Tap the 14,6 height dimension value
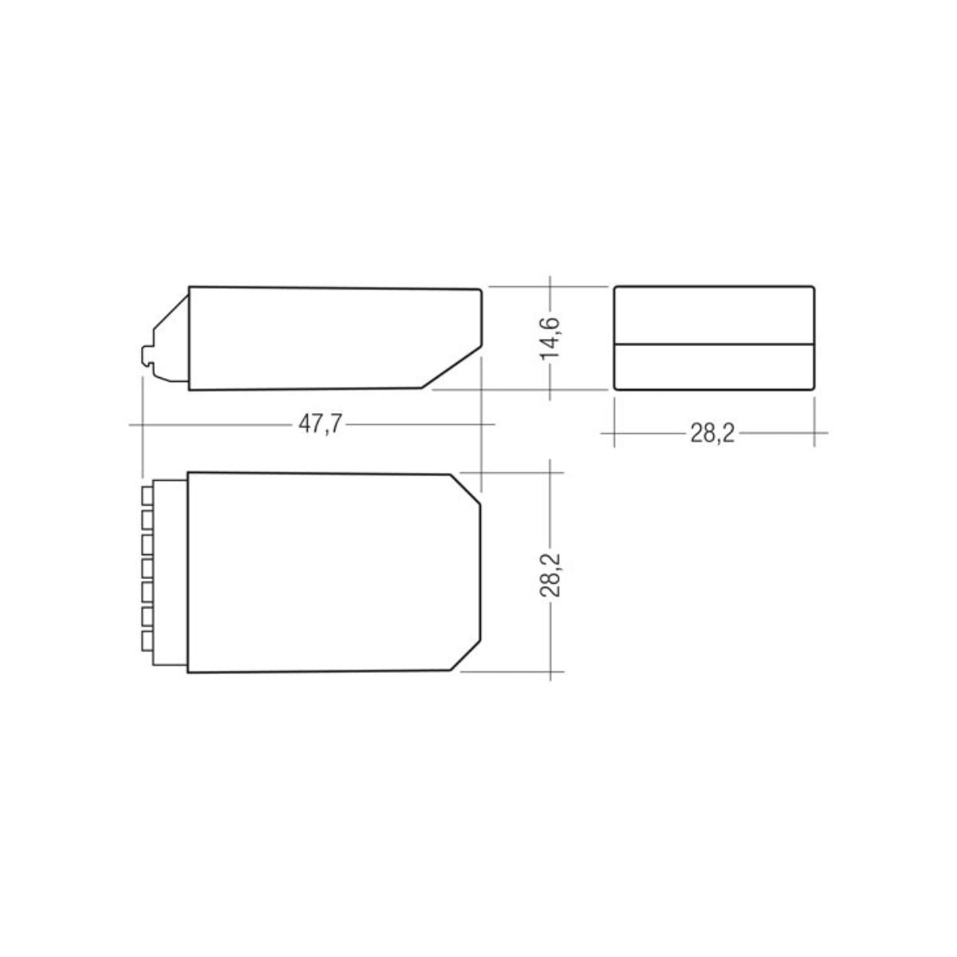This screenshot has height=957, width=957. [551, 337]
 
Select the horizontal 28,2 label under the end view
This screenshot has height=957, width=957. [711, 433]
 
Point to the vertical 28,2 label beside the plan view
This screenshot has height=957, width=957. [551, 571]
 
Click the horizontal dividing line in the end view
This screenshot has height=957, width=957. [715, 344]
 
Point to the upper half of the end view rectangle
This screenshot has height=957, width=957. [715, 315]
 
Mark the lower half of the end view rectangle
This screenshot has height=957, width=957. [715, 367]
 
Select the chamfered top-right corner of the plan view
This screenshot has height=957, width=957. [466, 488]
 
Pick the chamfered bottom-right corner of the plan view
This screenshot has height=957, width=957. [466, 656]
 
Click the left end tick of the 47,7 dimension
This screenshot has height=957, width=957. [142, 424]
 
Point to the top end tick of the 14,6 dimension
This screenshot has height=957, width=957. [551, 286]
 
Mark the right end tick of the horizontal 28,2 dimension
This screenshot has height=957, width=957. [814, 433]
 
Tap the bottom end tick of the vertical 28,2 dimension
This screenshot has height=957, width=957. [551, 671]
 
